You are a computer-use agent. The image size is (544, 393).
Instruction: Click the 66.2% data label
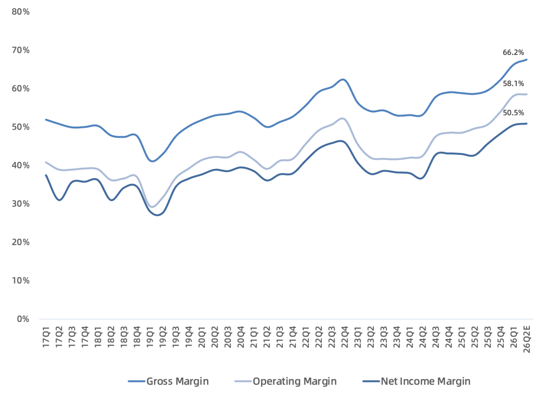513,52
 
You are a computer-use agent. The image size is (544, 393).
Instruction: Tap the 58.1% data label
513,83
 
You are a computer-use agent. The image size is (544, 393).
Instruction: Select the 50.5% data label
513,113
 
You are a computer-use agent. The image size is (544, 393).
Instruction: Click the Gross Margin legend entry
168,381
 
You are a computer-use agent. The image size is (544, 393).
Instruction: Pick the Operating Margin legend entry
286,381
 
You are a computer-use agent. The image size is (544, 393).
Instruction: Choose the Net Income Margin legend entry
417,381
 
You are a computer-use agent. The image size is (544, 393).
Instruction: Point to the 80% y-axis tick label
21,12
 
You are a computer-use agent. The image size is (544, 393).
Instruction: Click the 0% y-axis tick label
23,319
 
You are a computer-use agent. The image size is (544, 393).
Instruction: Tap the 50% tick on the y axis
21,127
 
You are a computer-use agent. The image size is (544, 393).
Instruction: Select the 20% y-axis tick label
21,242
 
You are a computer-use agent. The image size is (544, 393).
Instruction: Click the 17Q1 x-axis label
46,336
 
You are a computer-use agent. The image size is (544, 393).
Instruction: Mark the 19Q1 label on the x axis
150,336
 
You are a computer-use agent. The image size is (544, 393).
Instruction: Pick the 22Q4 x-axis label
345,336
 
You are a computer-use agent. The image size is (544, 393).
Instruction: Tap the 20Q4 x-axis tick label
241,336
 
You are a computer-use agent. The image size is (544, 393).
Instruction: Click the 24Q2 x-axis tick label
423,336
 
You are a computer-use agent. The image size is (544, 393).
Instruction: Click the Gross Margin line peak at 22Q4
344,80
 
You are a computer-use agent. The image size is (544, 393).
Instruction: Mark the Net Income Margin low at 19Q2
158,215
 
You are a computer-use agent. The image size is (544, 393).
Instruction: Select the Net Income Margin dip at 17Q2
59,200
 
